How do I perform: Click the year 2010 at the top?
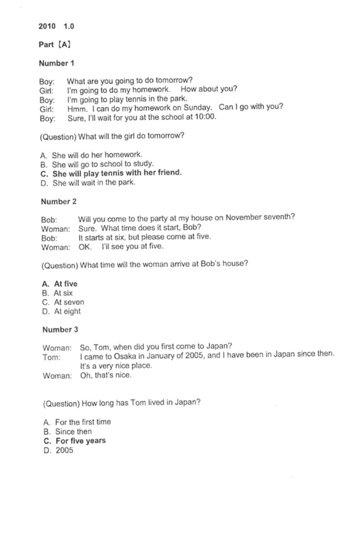(x=47, y=26)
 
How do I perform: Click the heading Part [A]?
(x=55, y=45)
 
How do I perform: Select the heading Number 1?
(x=57, y=63)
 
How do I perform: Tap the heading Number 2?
(x=59, y=202)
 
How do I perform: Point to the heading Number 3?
(x=60, y=329)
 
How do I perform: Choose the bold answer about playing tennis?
(x=111, y=173)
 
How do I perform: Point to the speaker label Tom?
(x=52, y=357)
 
